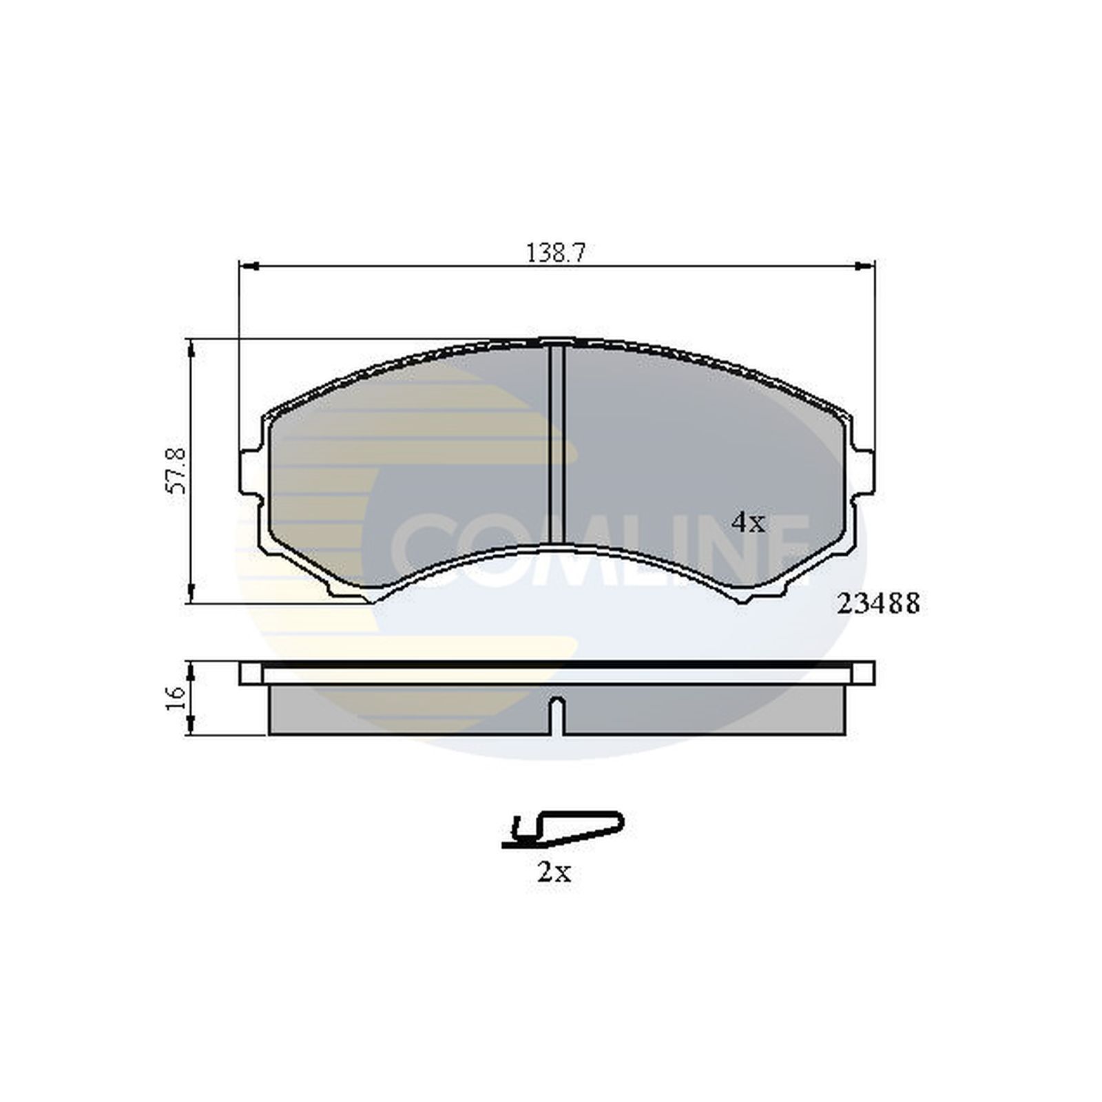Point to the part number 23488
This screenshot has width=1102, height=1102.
[878, 604]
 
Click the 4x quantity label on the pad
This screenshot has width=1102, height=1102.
[748, 523]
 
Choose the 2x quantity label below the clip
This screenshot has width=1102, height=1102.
[554, 873]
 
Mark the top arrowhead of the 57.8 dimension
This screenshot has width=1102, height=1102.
[191, 347]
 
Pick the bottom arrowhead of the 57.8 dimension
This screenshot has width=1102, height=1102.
[191, 595]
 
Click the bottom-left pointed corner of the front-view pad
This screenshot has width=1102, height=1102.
[373, 600]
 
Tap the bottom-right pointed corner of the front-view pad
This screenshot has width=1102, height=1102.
[742, 600]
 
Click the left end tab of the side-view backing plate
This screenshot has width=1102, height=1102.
[251, 673]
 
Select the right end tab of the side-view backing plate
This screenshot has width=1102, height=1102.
[864, 673]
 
